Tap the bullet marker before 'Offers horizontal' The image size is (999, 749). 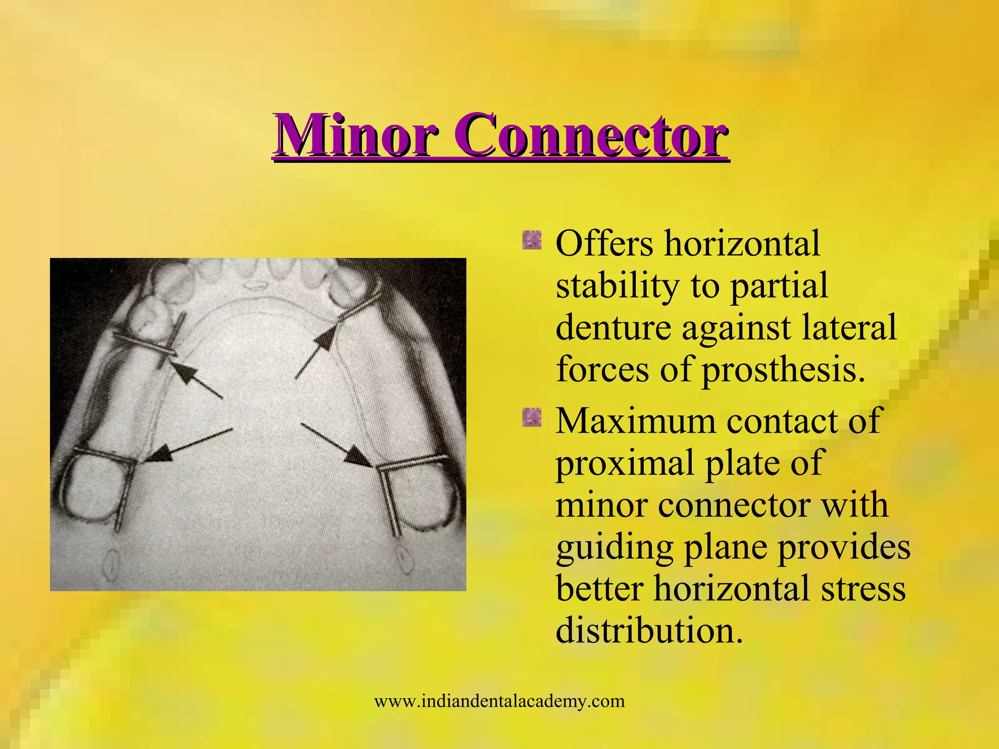(531, 240)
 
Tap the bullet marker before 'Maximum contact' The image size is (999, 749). (531, 417)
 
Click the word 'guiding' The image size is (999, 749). (613, 547)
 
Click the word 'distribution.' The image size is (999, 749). (649, 631)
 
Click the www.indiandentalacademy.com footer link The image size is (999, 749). (499, 702)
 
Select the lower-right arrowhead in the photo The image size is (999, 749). (359, 458)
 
